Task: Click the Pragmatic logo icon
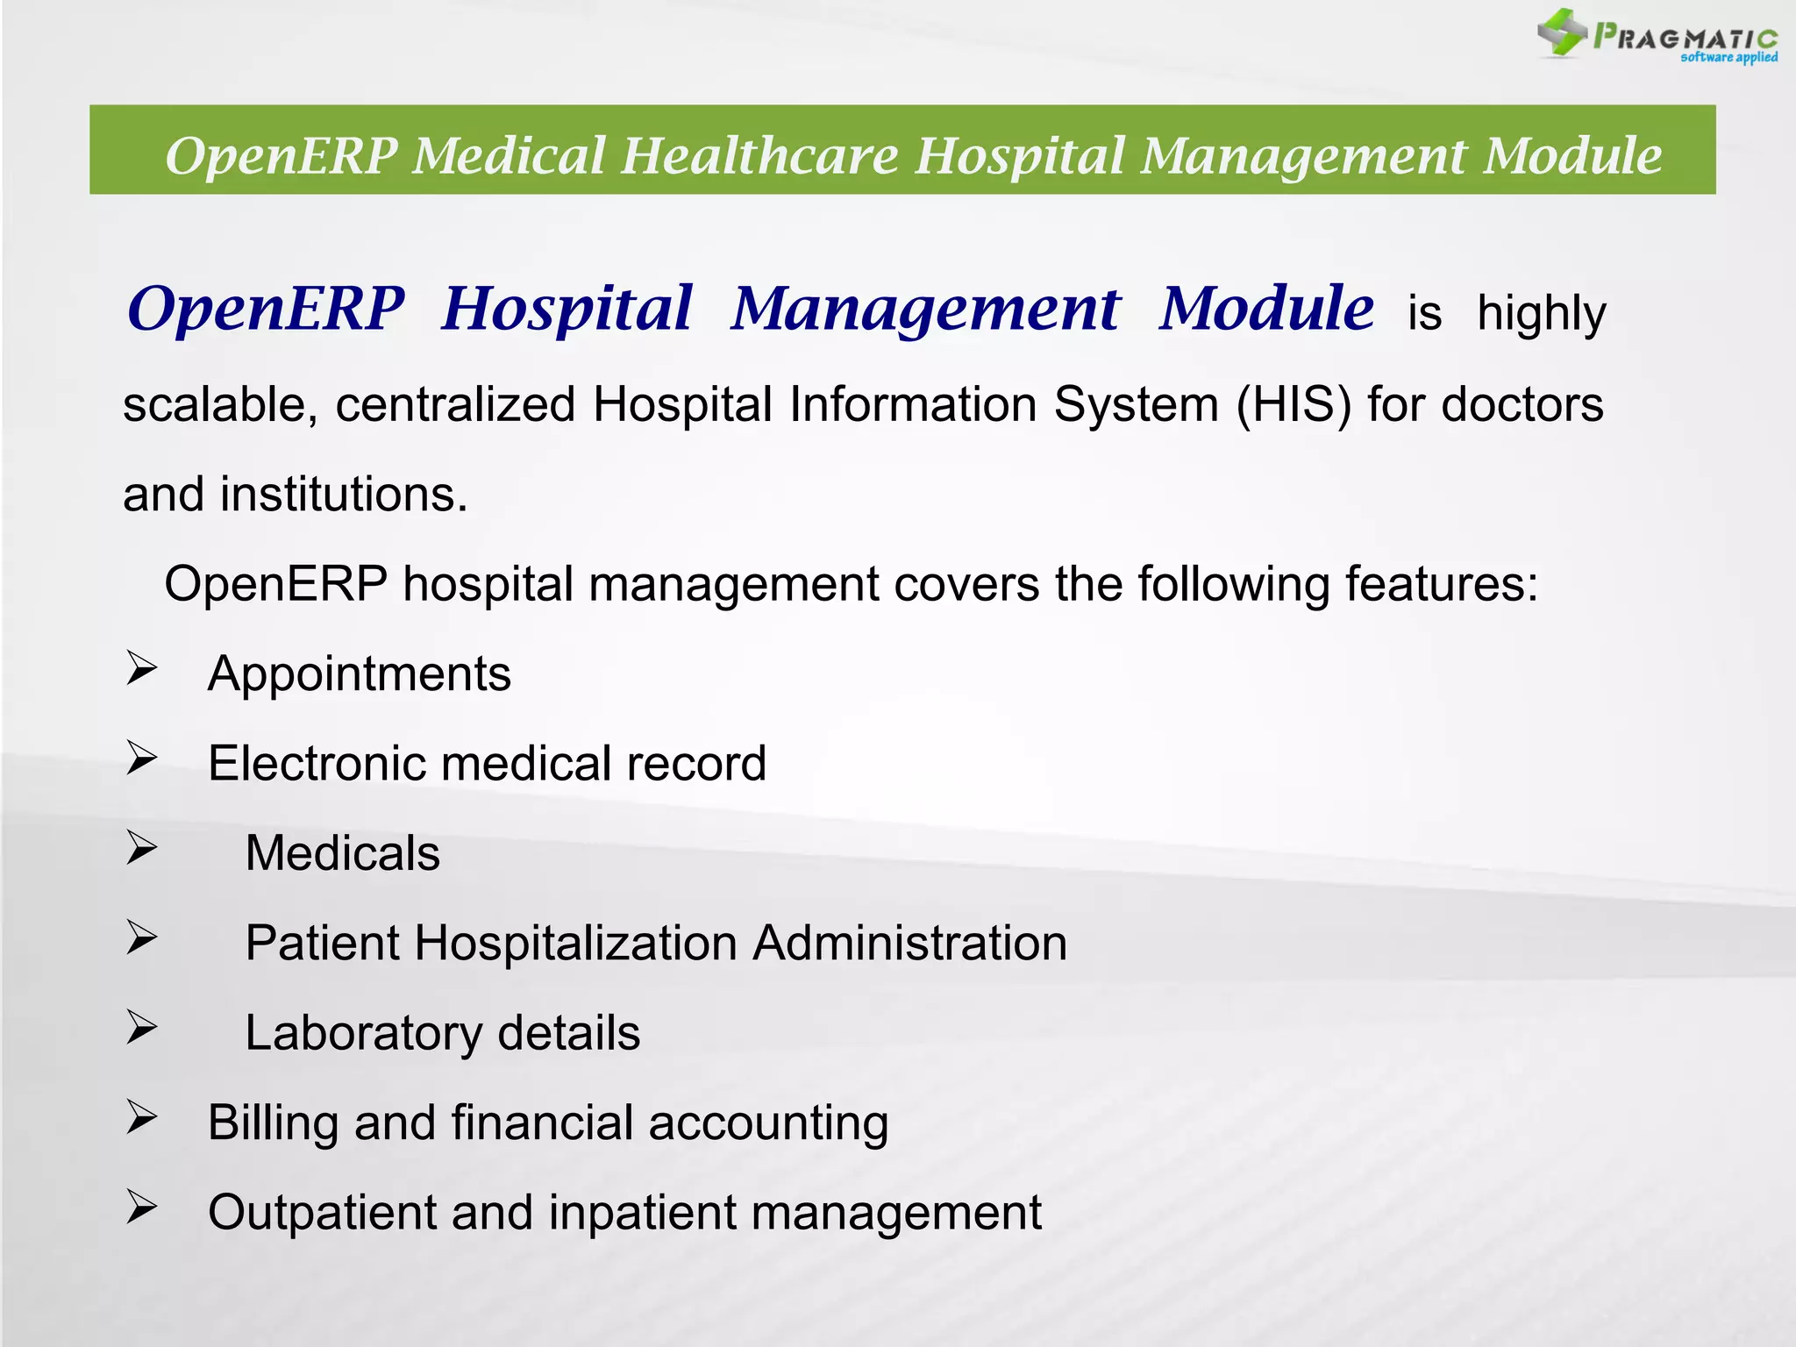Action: point(1562,32)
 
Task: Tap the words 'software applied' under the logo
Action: point(1728,58)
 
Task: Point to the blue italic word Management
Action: point(925,310)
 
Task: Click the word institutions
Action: point(344,495)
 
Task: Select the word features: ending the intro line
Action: point(1442,584)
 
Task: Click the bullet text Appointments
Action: point(360,674)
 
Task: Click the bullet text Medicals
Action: point(343,853)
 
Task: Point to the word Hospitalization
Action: point(575,944)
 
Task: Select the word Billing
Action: point(273,1123)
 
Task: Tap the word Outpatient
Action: point(322,1213)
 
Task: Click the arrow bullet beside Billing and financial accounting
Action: point(140,1117)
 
